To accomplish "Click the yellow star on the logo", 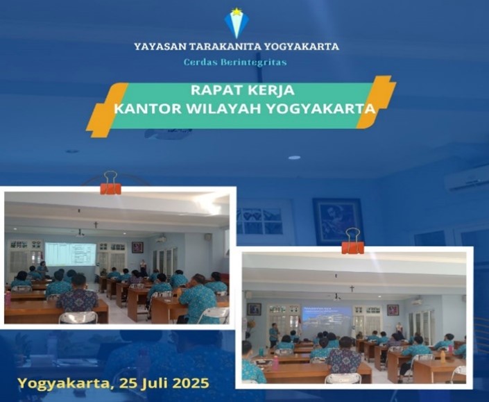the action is tap(237, 12).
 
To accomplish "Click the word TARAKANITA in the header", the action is tap(225, 47).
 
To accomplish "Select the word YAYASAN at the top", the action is tap(160, 47).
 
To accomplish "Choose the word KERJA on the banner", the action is tap(271, 90).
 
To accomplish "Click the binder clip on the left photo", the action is tap(110, 183).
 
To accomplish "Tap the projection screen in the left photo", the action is tap(70, 254).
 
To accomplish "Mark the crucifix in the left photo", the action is tap(96, 225).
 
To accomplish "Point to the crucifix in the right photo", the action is tap(352, 288).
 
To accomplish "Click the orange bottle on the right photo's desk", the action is tap(443, 355).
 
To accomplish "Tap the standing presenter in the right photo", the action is tap(274, 335).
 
